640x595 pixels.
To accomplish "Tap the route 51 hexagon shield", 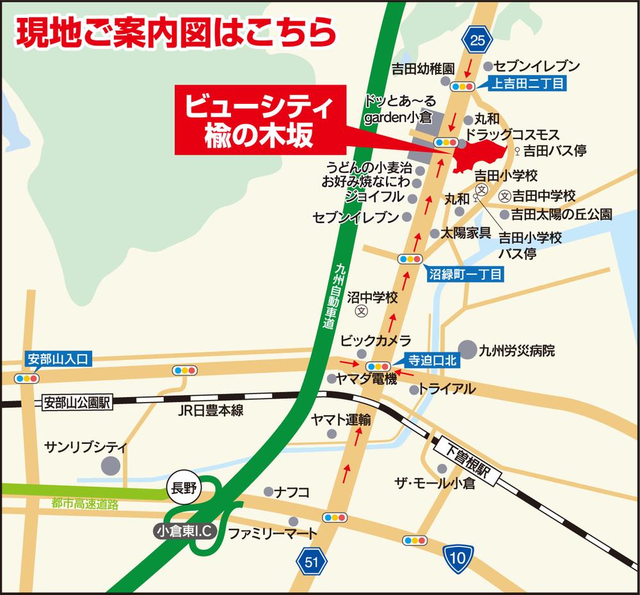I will coord(311,562).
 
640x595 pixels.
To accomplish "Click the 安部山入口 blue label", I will coord(58,358).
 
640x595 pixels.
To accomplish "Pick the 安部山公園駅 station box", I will coord(77,403).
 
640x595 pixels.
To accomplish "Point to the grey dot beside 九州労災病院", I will coord(469,350).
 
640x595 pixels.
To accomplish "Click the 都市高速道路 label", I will coord(86,504).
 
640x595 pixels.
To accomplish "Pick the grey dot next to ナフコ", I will coord(268,492).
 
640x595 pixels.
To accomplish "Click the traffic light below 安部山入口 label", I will coord(28,377).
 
